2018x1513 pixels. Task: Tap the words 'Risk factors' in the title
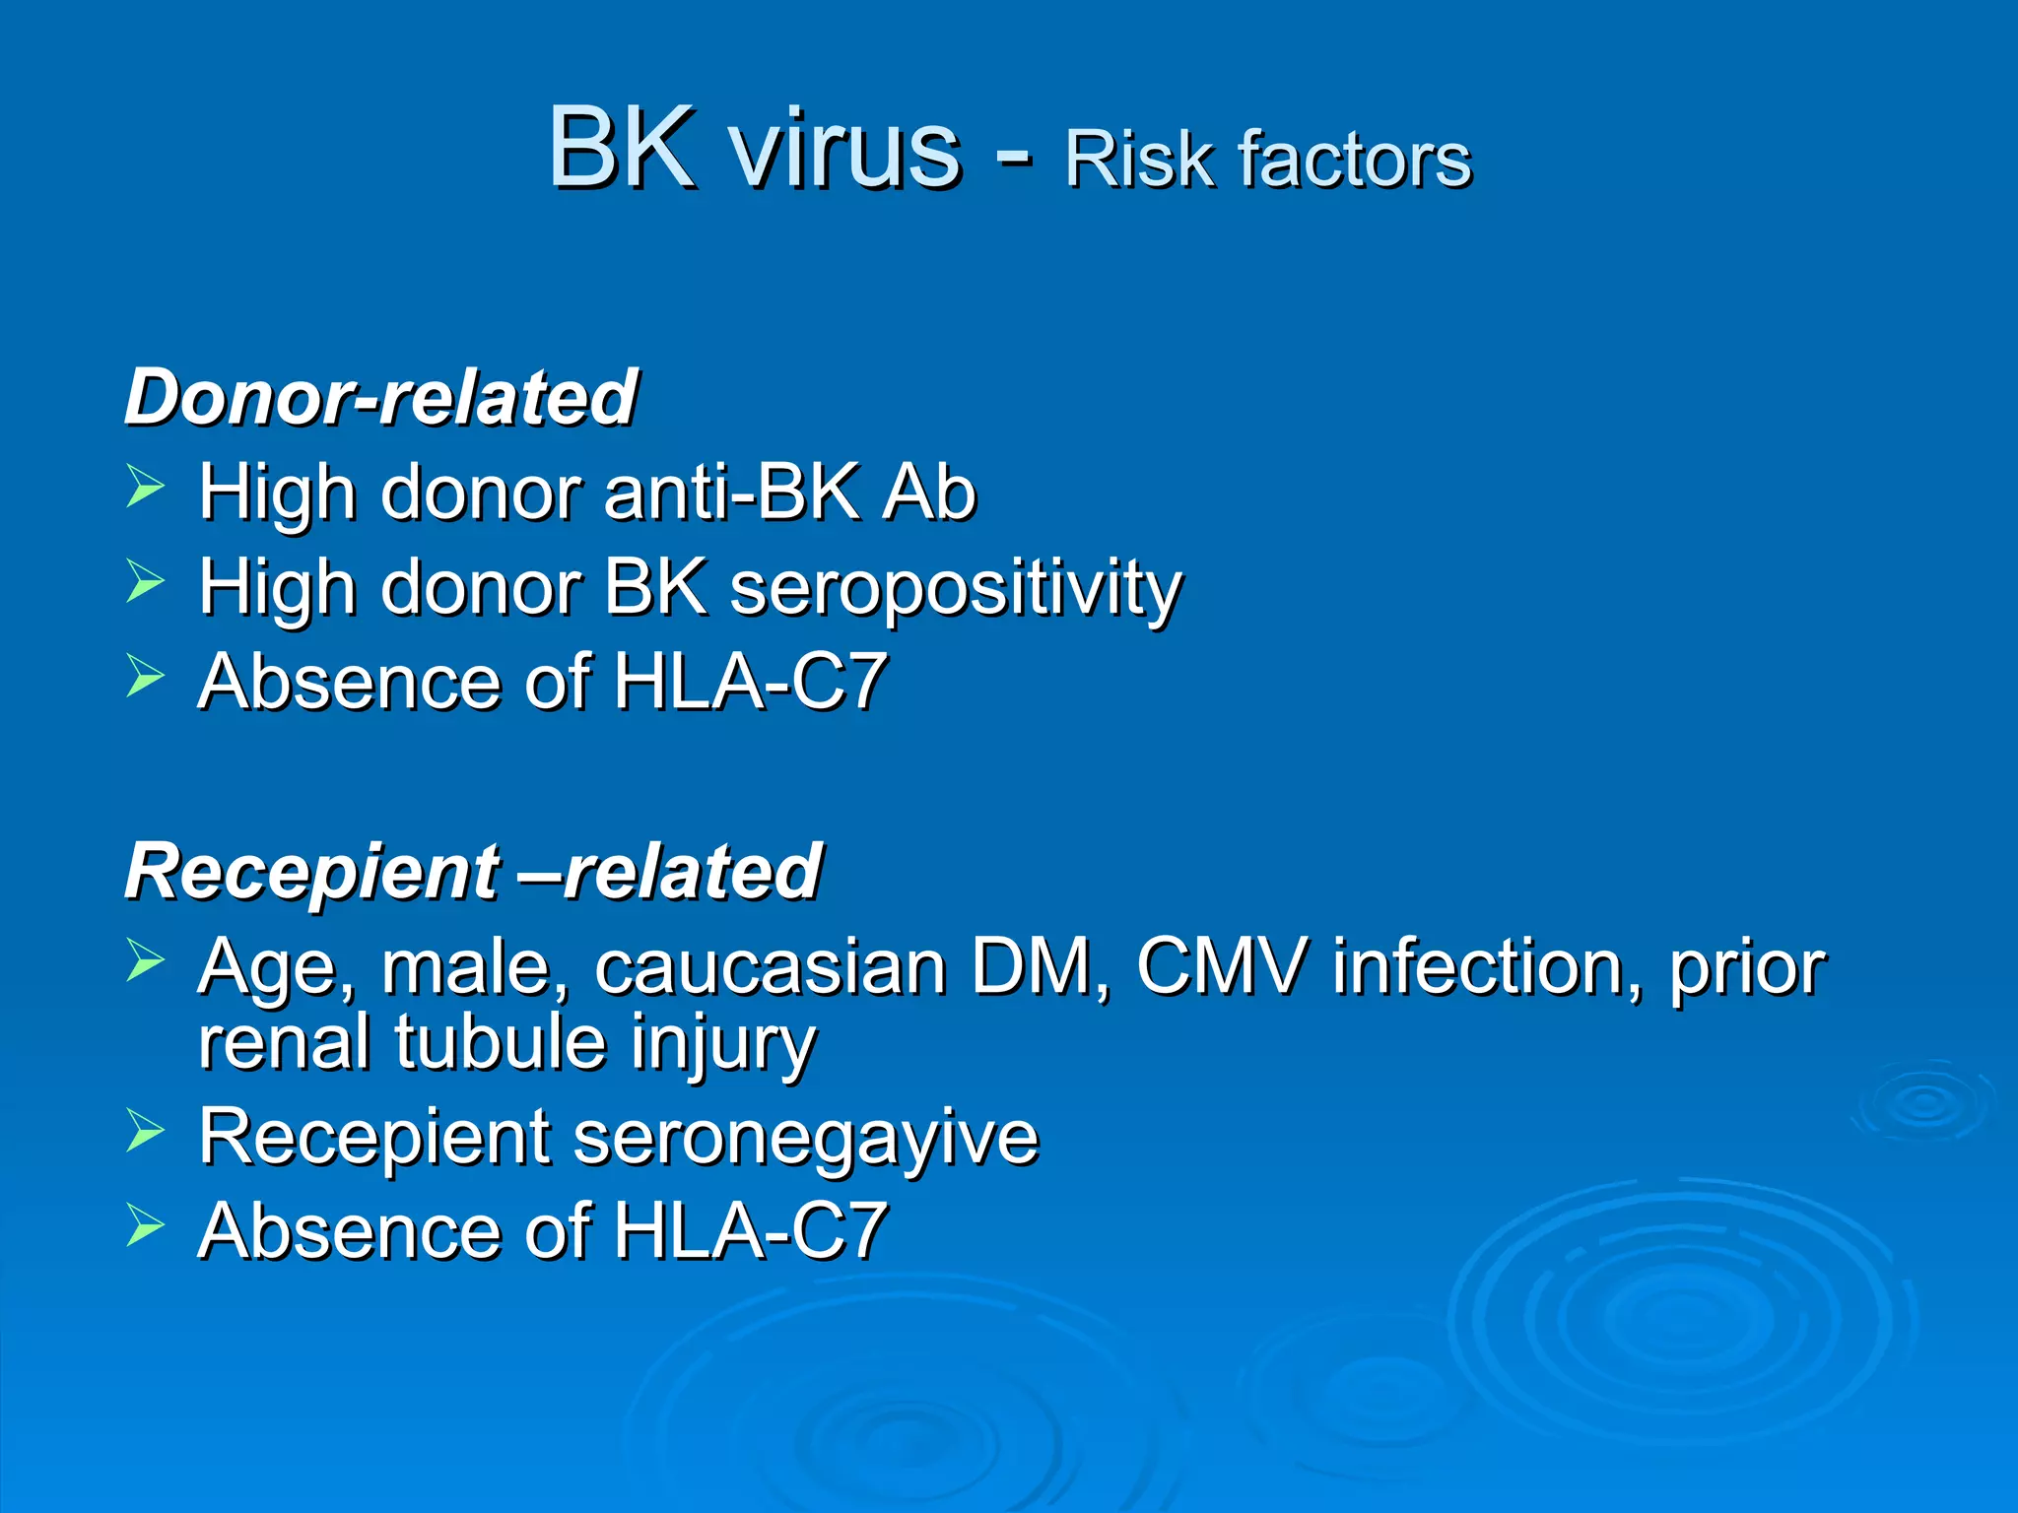tap(1268, 160)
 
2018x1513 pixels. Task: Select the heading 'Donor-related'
tap(381, 397)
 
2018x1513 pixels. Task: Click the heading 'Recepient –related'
tap(473, 873)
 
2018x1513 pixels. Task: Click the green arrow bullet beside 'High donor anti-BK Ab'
tap(145, 488)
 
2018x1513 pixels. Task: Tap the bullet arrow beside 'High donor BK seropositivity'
tap(145, 581)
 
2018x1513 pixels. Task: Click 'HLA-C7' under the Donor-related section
tap(750, 682)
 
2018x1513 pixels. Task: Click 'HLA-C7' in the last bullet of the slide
tap(750, 1231)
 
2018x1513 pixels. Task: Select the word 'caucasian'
tap(771, 967)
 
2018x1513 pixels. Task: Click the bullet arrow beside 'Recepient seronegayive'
tap(145, 1132)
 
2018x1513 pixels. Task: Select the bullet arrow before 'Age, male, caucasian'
tap(145, 960)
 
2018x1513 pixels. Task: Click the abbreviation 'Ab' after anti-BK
tap(928, 492)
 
